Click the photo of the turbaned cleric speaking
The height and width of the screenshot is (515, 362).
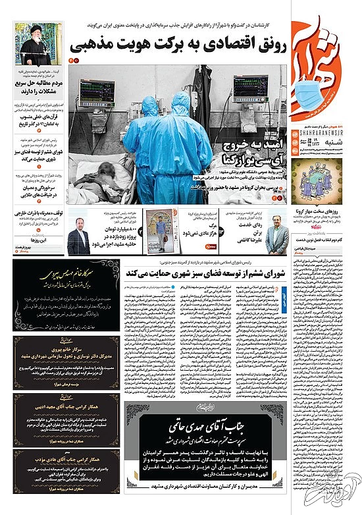pyautogui.click(x=36, y=43)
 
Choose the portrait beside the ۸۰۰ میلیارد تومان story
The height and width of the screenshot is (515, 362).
pyautogui.click(x=78, y=238)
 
